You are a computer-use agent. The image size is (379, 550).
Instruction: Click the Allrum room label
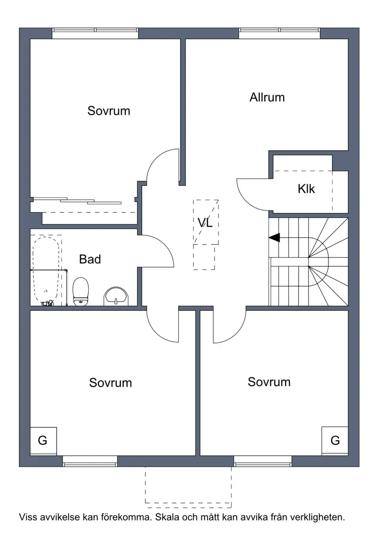click(267, 97)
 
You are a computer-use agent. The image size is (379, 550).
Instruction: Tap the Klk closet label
click(306, 189)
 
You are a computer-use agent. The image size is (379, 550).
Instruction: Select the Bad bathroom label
click(90, 259)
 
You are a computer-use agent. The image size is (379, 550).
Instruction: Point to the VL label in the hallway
click(205, 222)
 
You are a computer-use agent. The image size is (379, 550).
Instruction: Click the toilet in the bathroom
click(81, 291)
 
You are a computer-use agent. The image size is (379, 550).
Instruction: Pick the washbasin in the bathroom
click(116, 297)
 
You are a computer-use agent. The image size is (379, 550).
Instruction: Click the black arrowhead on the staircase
click(274, 237)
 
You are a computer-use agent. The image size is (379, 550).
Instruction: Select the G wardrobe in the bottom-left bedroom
click(43, 441)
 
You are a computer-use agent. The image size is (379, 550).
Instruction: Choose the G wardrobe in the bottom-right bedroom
click(335, 440)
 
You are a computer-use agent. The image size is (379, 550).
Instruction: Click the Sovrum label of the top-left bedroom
click(109, 111)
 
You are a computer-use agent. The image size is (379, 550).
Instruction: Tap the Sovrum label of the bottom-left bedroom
click(110, 382)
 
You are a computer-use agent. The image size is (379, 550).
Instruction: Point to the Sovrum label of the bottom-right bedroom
click(269, 382)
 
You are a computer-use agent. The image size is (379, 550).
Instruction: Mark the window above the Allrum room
click(280, 33)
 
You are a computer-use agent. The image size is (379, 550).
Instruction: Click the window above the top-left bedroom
click(95, 33)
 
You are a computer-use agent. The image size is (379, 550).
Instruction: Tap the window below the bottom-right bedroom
click(262, 461)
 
